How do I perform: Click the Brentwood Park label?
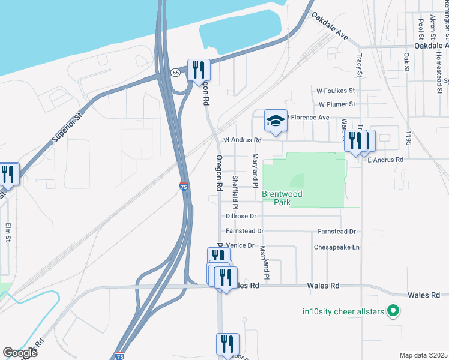[x=282, y=199]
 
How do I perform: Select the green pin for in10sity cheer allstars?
[x=393, y=311]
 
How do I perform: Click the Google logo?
[x=20, y=353]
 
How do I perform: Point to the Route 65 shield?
[x=175, y=72]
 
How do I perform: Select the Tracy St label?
[x=359, y=64]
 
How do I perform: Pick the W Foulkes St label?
[x=336, y=91]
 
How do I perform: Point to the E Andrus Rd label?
[x=385, y=160]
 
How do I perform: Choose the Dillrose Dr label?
[x=241, y=216]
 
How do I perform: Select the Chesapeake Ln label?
[x=336, y=247]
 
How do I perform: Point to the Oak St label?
[x=406, y=62]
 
